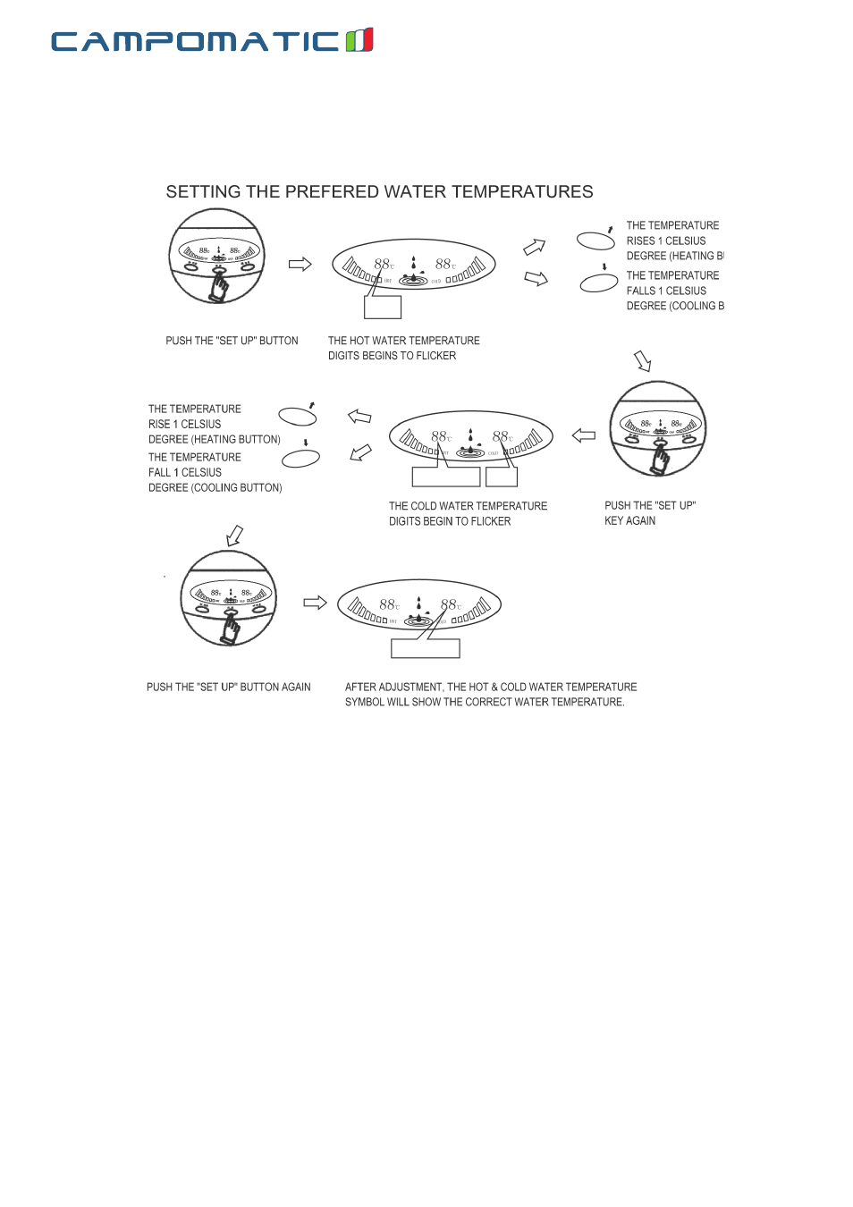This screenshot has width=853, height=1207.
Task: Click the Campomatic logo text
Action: (x=195, y=41)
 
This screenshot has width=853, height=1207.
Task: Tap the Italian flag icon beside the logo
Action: (x=359, y=40)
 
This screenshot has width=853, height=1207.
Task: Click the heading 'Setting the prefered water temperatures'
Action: (x=379, y=192)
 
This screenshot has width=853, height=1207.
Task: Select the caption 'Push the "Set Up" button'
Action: (x=232, y=341)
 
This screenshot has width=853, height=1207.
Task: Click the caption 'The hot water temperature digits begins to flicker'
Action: (x=403, y=348)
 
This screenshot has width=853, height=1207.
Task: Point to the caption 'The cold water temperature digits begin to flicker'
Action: (x=468, y=513)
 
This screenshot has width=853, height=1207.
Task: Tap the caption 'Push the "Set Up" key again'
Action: (x=649, y=513)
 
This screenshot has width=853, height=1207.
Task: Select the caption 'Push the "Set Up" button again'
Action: (x=228, y=688)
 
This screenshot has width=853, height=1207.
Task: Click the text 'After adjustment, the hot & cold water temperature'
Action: (x=491, y=688)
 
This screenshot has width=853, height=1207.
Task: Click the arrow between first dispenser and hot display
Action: (x=300, y=264)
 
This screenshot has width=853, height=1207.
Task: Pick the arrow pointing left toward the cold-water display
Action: (x=583, y=435)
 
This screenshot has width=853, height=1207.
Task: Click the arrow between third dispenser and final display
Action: (x=315, y=603)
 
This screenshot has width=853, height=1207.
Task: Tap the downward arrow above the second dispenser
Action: (x=643, y=360)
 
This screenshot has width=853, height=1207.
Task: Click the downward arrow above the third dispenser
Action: (x=234, y=535)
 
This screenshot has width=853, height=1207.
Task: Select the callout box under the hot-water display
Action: (x=383, y=307)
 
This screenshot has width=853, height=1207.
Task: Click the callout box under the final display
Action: (x=425, y=648)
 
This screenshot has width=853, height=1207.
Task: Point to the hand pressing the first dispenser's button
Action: (x=218, y=287)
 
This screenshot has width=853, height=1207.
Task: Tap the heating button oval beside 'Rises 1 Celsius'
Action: (x=595, y=241)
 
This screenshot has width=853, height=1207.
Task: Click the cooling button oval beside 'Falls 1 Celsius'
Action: (x=599, y=283)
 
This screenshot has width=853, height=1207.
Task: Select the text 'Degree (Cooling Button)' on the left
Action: (x=215, y=488)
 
